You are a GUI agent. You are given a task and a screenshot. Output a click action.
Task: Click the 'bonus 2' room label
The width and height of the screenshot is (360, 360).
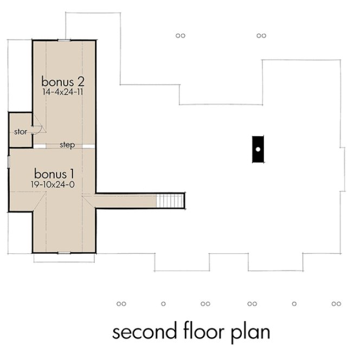point(64,82)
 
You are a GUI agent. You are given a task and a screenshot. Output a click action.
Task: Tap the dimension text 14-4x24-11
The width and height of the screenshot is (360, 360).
point(64,93)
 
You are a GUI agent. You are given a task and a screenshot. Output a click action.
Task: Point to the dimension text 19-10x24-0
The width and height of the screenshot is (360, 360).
point(54,185)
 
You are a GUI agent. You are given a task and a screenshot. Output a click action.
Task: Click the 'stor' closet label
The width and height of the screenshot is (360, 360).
point(21,132)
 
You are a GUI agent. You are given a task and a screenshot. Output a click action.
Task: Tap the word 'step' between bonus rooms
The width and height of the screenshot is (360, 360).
point(67,145)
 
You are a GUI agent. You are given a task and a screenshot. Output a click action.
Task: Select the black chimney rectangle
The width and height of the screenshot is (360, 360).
point(259,149)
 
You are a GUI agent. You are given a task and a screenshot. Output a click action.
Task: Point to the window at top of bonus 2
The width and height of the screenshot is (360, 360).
point(64,40)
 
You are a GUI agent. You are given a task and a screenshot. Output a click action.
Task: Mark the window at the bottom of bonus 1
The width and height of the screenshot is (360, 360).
point(64,252)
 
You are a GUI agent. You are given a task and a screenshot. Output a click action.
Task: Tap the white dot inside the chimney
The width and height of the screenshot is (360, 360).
point(259,149)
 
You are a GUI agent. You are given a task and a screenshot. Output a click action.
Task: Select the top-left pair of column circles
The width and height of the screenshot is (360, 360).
point(181,36)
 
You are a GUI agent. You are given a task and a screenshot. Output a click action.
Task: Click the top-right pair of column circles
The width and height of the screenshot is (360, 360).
point(261,36)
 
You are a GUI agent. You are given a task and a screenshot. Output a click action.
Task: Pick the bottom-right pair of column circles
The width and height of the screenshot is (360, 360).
point(336,304)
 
